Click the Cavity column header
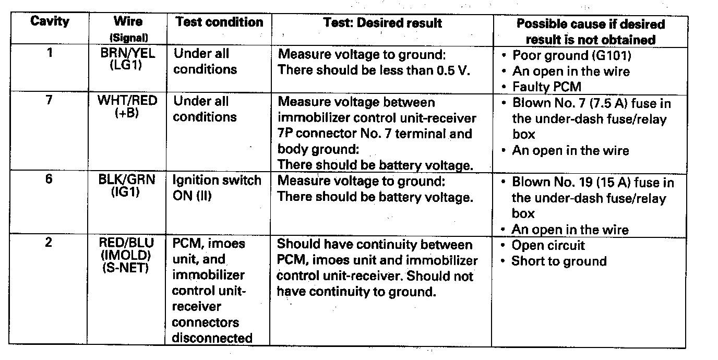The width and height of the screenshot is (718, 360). tap(50, 22)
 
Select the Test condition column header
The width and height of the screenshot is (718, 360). tap(219, 22)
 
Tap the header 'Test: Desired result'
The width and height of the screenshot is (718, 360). tap(382, 22)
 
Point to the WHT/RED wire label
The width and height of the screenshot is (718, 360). tap(127, 100)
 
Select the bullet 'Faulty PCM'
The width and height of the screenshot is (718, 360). tap(546, 87)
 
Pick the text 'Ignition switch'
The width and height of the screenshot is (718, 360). tap(217, 181)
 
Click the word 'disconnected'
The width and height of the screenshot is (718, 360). tap(212, 338)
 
